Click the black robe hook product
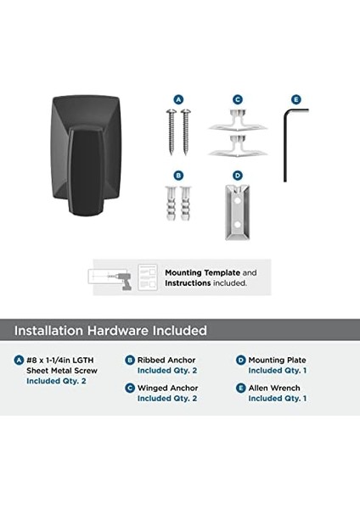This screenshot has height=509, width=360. click(86, 156)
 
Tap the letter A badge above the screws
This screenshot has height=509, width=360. click(178, 99)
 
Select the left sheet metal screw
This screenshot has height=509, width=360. click(171, 131)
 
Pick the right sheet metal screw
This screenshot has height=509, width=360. click(186, 131)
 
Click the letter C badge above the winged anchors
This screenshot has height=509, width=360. click(238, 99)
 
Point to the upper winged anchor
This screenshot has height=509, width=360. click(238, 120)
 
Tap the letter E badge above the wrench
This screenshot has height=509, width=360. click(296, 99)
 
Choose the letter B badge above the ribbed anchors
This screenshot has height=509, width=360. click(178, 176)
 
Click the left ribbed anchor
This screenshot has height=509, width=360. click(171, 203)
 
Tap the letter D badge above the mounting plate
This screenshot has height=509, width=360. click(238, 176)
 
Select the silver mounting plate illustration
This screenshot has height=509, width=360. click(238, 212)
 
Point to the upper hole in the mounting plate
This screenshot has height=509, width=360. click(238, 201)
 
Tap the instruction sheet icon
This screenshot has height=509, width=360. click(148, 277)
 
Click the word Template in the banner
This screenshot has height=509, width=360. click(221, 273)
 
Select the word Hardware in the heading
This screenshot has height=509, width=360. click(118, 331)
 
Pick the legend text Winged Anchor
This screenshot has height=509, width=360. click(167, 388)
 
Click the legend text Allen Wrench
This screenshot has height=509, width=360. click(274, 388)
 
